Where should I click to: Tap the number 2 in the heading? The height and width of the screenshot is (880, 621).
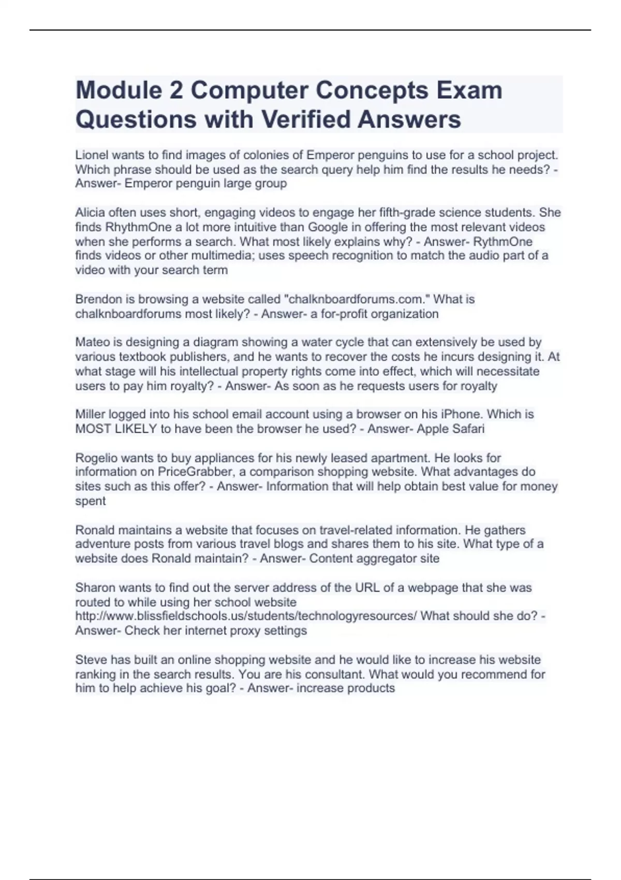176,90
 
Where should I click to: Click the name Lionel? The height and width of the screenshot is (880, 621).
92,155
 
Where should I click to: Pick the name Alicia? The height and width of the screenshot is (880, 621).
90,212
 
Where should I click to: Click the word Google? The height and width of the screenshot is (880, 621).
328,227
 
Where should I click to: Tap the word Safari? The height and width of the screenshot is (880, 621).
467,429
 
